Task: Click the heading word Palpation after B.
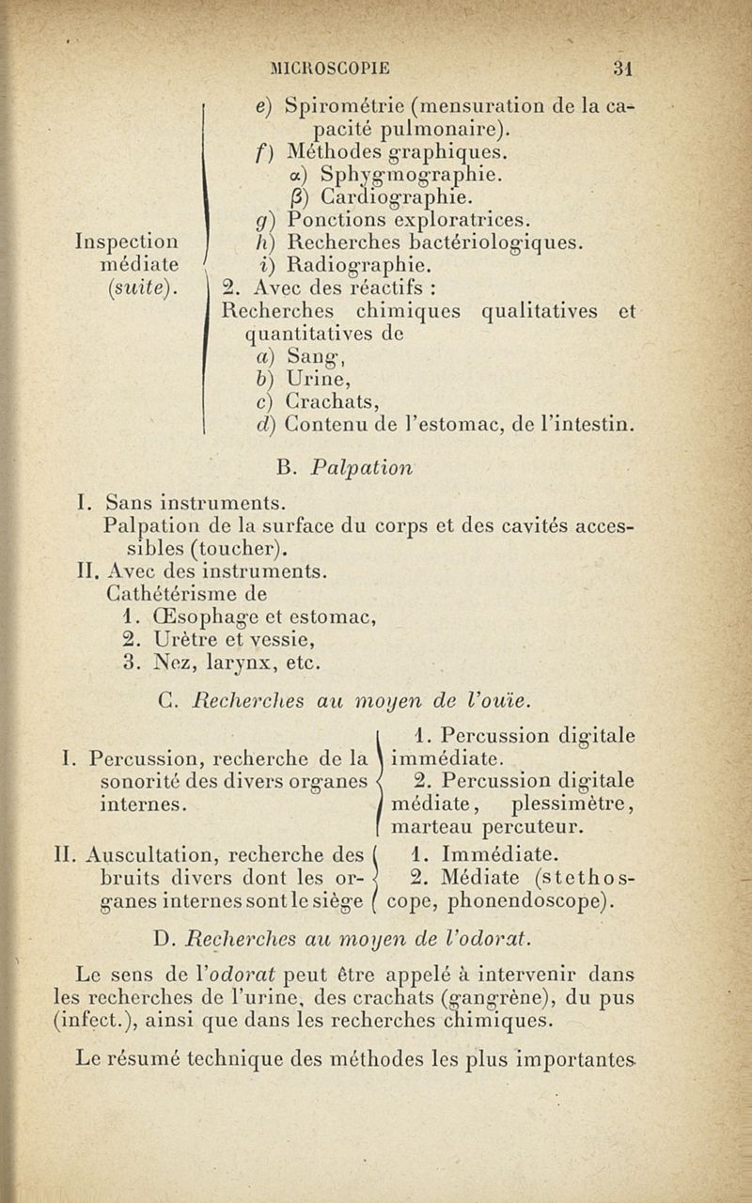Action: pos(361,467)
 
